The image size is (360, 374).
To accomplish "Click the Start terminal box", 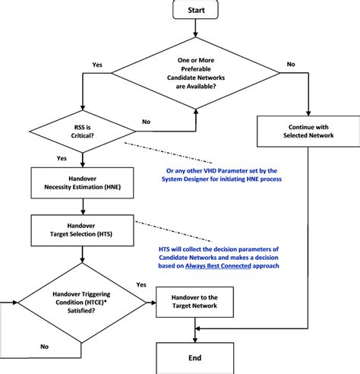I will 196,10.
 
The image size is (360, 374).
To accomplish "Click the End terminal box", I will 196,356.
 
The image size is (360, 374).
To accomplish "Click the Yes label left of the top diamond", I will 97,65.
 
